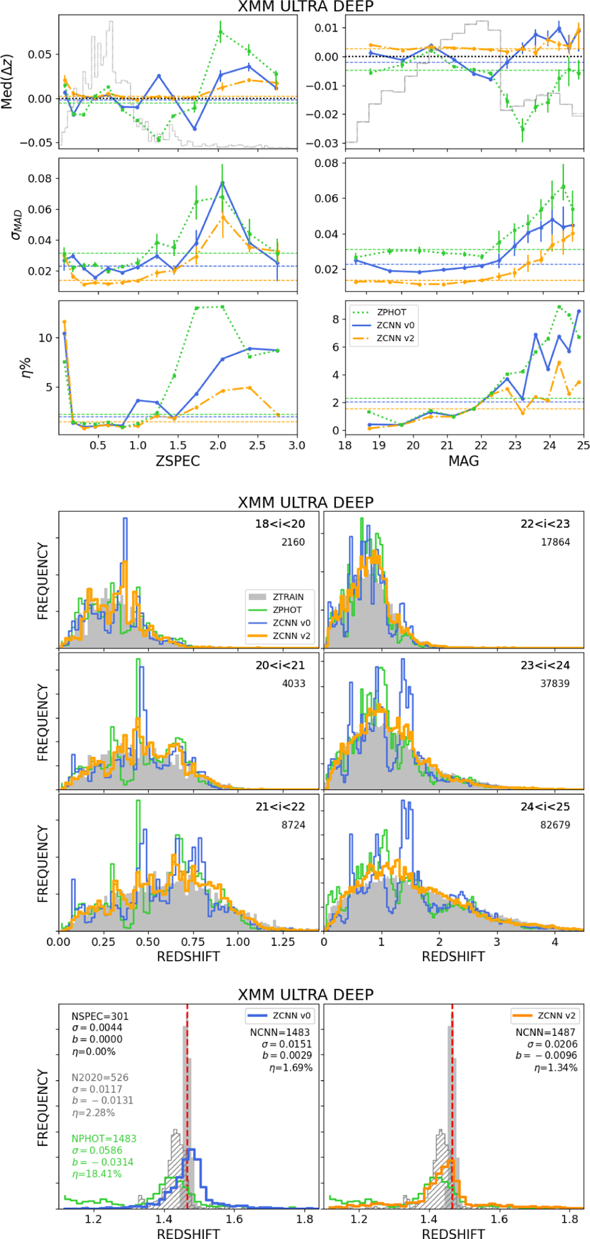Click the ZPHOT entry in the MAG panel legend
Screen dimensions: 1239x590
(391, 312)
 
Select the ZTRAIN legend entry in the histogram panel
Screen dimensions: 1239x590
(288, 597)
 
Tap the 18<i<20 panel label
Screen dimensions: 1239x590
(280, 524)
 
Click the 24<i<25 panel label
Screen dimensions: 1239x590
(545, 807)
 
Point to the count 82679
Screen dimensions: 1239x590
(555, 825)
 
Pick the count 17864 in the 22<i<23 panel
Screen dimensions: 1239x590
(555, 542)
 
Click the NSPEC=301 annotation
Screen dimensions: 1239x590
(100, 1017)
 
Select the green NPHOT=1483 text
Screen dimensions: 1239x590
(104, 1139)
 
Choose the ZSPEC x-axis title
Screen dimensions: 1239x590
(177, 461)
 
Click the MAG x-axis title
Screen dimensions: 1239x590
(464, 461)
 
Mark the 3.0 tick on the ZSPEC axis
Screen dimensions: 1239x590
(296, 445)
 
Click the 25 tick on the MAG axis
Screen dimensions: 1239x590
(583, 445)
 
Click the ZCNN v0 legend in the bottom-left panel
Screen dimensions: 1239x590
(291, 1016)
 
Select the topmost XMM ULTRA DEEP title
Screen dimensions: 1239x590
(306, 6)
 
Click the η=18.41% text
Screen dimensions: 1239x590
(96, 1174)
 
